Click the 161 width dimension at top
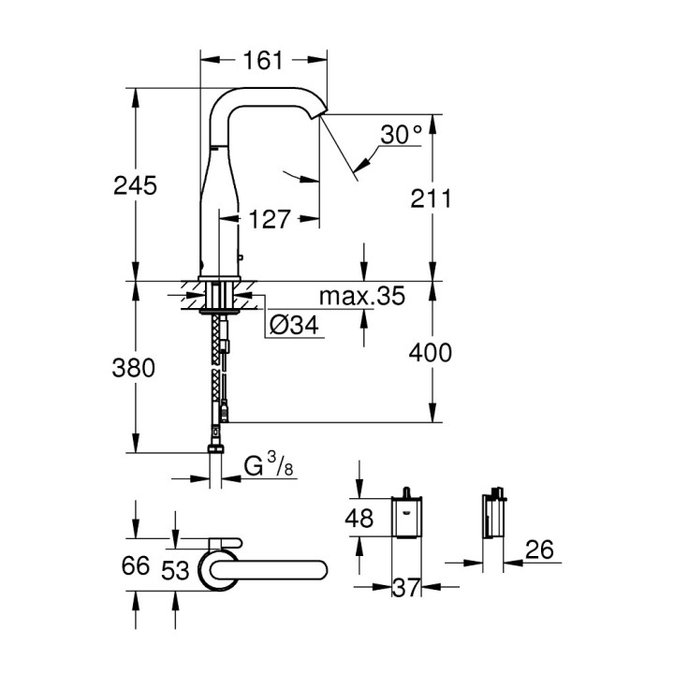pos(263,61)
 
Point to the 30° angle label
pos(401,135)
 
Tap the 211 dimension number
pos(432,198)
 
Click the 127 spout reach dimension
pos(269,220)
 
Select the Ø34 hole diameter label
pos(294,326)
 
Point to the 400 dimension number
pos(432,352)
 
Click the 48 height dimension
pos(359,518)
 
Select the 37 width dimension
pos(404,588)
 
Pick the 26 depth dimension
pos(538,551)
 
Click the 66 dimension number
pos(137,566)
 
